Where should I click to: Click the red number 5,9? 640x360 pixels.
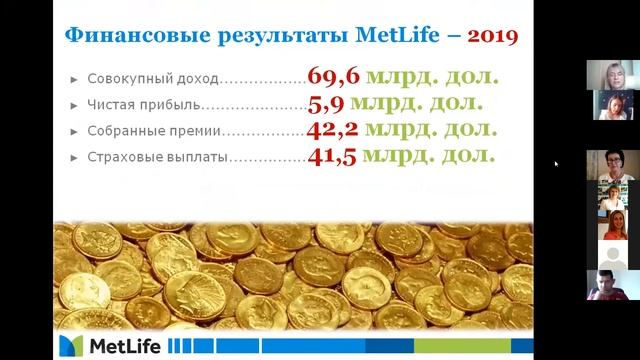[327, 102]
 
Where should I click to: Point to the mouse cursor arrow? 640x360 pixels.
[556, 164]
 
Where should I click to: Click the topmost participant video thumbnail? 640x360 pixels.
[612, 75]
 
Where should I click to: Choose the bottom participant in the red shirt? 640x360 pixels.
[612, 286]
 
